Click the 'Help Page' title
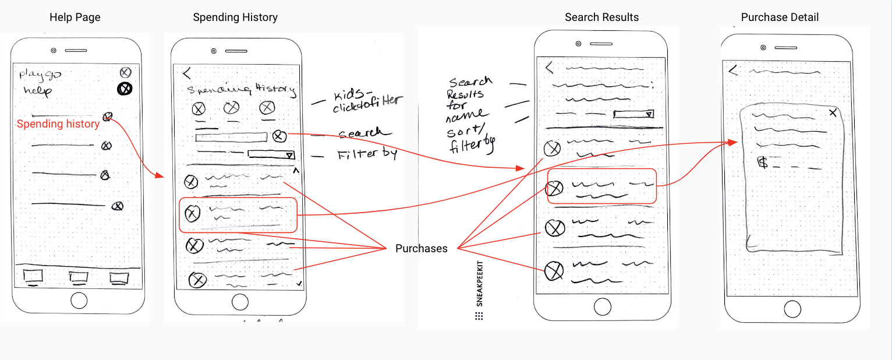[75, 17]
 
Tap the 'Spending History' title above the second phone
[235, 17]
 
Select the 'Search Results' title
[601, 17]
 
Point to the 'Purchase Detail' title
[780, 17]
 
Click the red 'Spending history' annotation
[58, 124]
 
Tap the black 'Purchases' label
[422, 249]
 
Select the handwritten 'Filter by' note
[367, 155]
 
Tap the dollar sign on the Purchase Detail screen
[762, 163]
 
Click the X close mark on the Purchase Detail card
[833, 112]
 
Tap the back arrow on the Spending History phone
[187, 73]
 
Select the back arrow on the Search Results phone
[548, 68]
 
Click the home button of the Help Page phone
[79, 301]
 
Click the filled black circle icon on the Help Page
[125, 89]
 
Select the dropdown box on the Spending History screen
[271, 155]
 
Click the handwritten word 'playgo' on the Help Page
[40, 75]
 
